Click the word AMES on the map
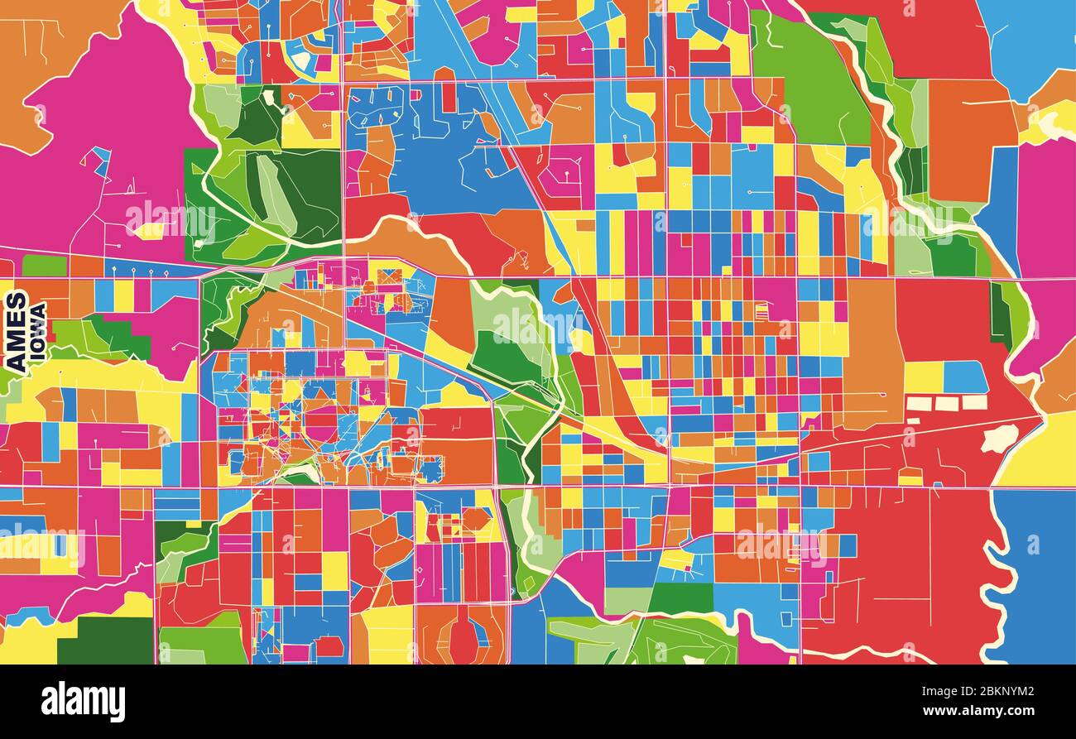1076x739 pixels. (16, 331)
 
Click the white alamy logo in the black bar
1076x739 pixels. (83, 702)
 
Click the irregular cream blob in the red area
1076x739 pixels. (1000, 438)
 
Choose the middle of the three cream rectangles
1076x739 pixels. (947, 403)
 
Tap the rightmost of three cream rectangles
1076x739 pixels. (973, 402)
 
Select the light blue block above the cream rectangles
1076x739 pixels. (965, 377)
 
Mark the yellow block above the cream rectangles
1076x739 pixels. (923, 377)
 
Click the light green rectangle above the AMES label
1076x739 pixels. (43, 266)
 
